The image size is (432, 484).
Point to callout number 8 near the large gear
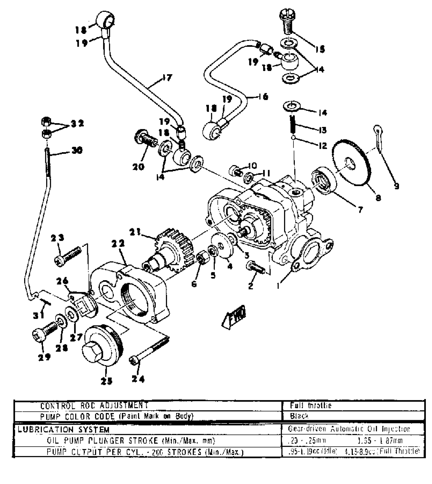click(x=378, y=197)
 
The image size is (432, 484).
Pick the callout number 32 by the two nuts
click(x=77, y=124)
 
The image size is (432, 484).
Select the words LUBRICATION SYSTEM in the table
click(x=64, y=430)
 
